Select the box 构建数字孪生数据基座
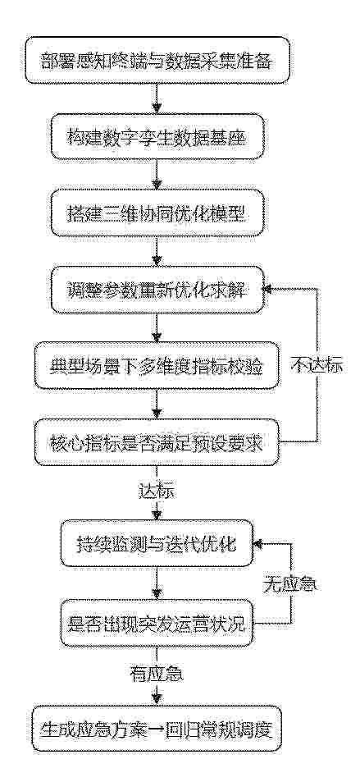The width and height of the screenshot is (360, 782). point(157,136)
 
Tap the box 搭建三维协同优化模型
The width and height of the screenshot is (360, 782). point(157,213)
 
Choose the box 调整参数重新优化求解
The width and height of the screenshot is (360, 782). point(157,290)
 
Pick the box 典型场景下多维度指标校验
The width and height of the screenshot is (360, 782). point(157,366)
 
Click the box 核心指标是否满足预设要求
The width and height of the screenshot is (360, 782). point(157,442)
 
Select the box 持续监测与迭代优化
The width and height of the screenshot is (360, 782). point(157,543)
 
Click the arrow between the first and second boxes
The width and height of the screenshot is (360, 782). point(157,98)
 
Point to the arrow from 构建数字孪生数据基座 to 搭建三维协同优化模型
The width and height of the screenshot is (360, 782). point(157,175)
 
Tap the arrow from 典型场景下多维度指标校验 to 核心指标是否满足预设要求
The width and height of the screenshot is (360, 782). point(157,404)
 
